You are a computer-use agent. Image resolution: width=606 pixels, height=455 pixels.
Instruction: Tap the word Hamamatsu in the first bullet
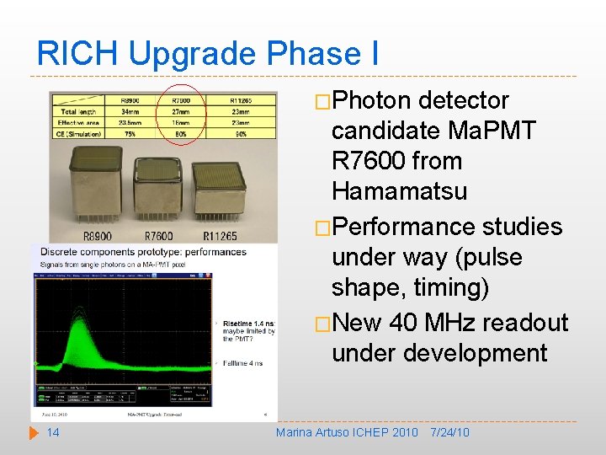[x=399, y=191]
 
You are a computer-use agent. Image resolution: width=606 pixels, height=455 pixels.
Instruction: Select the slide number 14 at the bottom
[x=52, y=432]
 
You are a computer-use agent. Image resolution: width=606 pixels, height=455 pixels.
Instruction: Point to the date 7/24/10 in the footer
[x=449, y=432]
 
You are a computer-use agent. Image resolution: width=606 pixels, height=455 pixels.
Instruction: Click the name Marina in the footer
[x=295, y=432]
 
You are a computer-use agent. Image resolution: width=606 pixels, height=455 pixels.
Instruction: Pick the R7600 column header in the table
[x=183, y=99]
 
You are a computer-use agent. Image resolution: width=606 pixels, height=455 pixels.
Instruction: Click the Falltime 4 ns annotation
[x=245, y=363]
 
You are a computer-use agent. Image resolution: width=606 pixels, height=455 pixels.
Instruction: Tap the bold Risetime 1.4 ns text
[x=247, y=324]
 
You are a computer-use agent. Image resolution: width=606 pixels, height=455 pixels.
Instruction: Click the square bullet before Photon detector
[x=322, y=101]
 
